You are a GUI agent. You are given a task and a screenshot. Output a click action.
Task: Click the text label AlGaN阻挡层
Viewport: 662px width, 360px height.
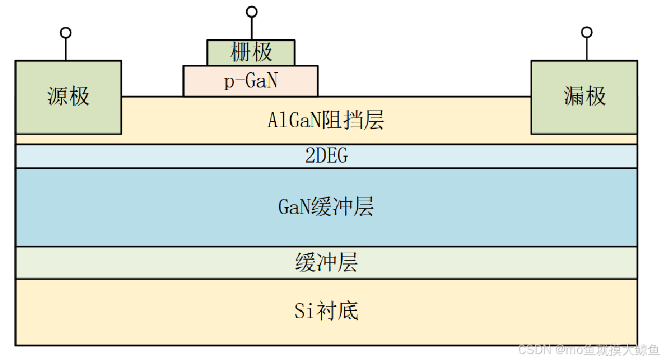pos(326,121)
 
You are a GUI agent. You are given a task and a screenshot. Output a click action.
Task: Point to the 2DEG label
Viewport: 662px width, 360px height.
pos(326,156)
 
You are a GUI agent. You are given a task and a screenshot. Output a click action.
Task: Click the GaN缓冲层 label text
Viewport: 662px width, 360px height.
pos(326,207)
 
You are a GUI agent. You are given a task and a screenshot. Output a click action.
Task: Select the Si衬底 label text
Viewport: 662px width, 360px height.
pos(326,311)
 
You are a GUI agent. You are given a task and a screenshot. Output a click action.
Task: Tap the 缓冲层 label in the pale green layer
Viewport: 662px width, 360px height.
pos(326,263)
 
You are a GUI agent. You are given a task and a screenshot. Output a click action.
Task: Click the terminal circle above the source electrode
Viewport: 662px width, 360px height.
pos(65,33)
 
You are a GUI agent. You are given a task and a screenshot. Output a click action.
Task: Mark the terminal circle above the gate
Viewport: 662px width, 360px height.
pos(251,11)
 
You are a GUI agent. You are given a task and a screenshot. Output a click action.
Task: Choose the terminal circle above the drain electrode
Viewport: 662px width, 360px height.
pos(587,33)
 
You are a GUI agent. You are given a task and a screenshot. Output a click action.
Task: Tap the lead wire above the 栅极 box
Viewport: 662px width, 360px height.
pos(251,28)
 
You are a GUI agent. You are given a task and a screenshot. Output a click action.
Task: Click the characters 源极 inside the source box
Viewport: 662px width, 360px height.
pos(68,97)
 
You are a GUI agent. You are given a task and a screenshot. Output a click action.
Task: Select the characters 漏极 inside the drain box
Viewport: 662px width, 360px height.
pos(584,97)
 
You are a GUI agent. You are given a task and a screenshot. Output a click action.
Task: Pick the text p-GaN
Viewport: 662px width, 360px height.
pos(251,81)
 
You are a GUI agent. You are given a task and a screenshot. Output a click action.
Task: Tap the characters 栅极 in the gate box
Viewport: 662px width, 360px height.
pos(251,52)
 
